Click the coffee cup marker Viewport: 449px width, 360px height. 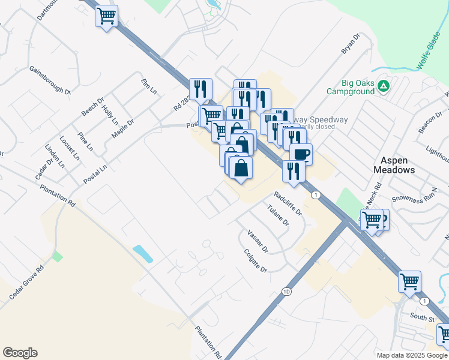[x=301, y=154]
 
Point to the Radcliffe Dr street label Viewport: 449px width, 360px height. [x=287, y=203]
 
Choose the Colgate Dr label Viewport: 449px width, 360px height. [x=256, y=262]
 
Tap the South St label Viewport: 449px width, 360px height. [x=422, y=317]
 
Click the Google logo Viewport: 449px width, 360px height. [x=20, y=353]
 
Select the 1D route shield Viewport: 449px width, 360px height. [x=286, y=292]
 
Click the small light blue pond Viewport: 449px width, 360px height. [x=143, y=253]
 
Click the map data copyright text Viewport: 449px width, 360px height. [x=412, y=355]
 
